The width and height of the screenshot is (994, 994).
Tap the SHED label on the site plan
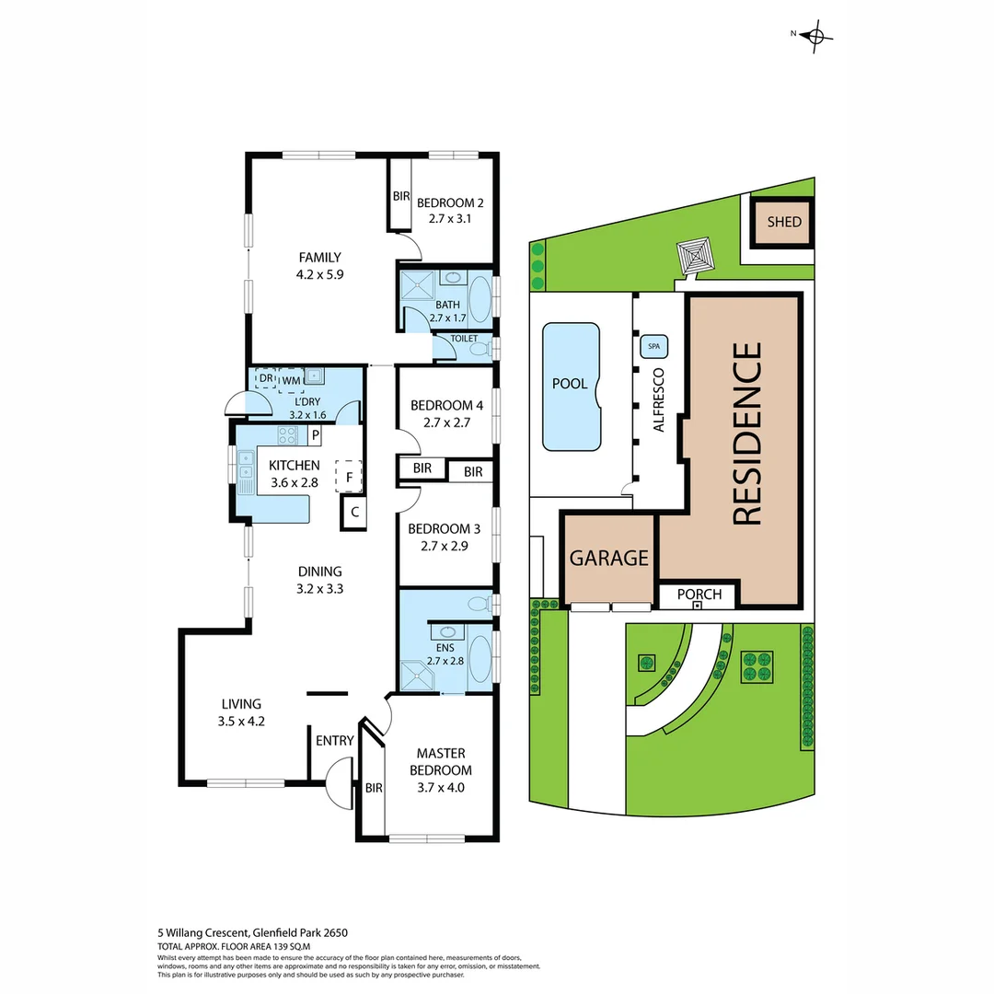(x=784, y=222)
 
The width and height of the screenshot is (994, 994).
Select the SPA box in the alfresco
(x=654, y=346)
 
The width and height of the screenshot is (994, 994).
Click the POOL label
(x=570, y=384)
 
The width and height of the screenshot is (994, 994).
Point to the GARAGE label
(x=608, y=558)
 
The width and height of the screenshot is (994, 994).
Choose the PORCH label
(x=699, y=594)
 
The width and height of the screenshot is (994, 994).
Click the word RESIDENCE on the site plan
(x=747, y=433)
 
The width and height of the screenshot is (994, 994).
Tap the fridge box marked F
(x=349, y=477)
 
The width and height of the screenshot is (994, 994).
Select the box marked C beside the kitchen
(x=353, y=514)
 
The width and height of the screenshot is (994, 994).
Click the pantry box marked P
(x=315, y=434)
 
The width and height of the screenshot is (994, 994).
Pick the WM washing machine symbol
(x=291, y=380)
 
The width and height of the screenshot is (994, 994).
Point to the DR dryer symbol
(x=265, y=378)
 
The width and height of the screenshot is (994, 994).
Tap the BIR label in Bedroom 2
(x=401, y=196)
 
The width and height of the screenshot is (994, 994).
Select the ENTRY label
(x=334, y=741)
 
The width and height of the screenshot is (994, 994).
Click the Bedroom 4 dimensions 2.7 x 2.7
(x=447, y=423)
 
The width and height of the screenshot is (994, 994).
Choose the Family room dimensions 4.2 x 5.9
(x=319, y=274)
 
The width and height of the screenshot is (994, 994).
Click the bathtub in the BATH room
(x=480, y=298)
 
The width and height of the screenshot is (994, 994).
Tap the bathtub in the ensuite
(x=480, y=657)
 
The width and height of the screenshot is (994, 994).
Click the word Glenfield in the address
(x=253, y=932)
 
